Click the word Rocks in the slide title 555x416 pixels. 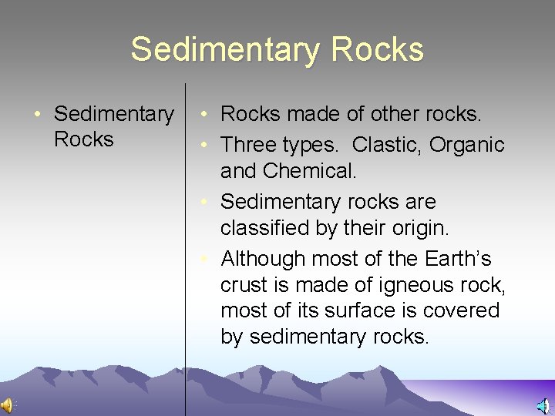377,49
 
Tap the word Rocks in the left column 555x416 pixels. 84,139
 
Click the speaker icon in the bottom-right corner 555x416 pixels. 544,406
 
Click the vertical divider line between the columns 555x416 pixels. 185,231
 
